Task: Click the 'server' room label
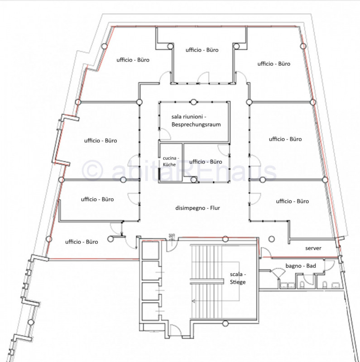click(x=313, y=248)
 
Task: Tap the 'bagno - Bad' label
click(x=301, y=266)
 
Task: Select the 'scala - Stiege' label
click(x=238, y=278)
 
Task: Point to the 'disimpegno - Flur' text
click(x=197, y=208)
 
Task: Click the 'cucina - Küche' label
click(x=171, y=161)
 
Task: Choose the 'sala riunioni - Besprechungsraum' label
click(x=196, y=120)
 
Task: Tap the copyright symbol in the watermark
click(x=92, y=171)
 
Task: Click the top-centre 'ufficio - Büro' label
click(x=202, y=50)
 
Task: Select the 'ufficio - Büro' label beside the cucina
click(x=206, y=162)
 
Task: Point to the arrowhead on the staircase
click(x=194, y=301)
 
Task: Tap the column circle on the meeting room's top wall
click(x=193, y=102)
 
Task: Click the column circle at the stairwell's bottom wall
click(x=226, y=324)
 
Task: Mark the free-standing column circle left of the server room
click(x=272, y=239)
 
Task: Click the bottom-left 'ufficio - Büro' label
click(x=82, y=242)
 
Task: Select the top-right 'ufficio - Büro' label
click(x=274, y=64)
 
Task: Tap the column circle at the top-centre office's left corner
click(x=170, y=46)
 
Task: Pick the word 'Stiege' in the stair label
click(x=238, y=282)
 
